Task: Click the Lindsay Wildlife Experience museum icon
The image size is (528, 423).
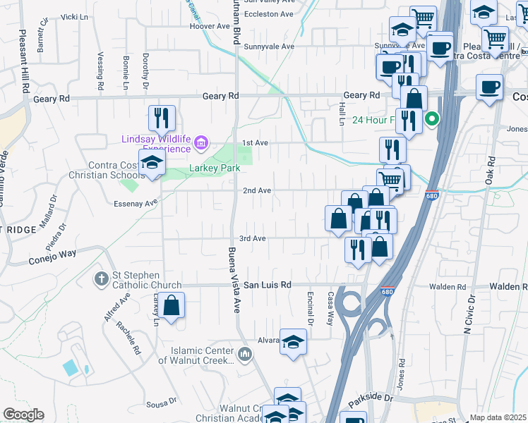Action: tap(201, 145)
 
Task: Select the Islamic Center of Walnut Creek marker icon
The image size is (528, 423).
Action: tap(245, 352)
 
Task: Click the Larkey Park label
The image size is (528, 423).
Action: tap(215, 168)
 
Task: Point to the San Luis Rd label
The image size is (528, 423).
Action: tap(268, 286)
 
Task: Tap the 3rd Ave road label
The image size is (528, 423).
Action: tap(252, 239)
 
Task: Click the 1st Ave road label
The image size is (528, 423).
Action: tap(256, 143)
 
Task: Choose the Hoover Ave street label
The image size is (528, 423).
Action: tap(211, 27)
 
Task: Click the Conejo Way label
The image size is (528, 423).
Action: tap(52, 255)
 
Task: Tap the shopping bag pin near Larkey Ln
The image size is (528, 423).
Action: tap(171, 306)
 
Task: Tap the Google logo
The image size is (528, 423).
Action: tap(23, 415)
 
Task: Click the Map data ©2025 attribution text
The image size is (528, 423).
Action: tap(498, 417)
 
